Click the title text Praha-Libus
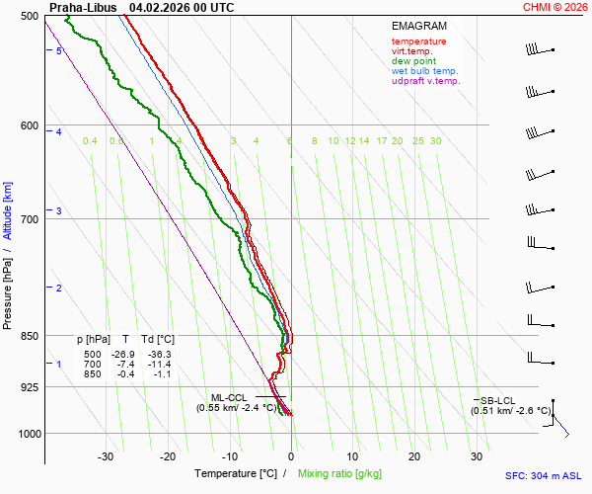(83, 7)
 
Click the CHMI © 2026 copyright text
(555, 7)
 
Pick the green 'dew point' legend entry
(415, 61)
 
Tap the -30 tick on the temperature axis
(106, 456)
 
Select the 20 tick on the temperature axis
(414, 456)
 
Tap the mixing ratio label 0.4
(90, 141)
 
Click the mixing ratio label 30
(435, 141)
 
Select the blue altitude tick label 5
(59, 50)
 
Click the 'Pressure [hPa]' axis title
(8, 287)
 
